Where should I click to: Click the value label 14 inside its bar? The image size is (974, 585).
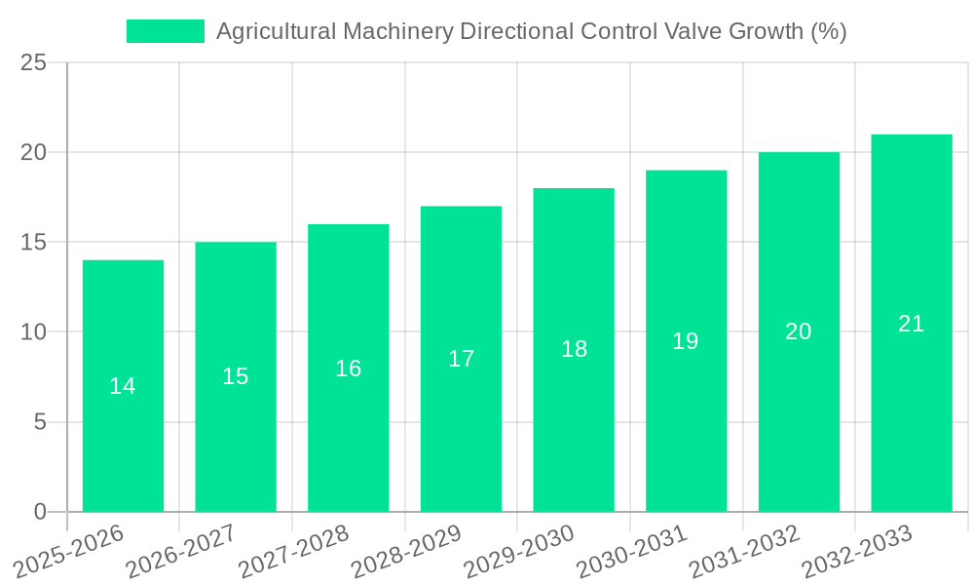point(123,386)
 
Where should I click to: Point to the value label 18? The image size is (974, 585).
point(574,349)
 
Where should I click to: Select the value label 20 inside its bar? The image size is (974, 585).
point(799,331)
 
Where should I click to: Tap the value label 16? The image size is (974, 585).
point(348,369)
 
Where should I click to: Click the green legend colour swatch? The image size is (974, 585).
point(165,31)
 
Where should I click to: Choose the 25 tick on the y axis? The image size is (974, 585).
point(33,62)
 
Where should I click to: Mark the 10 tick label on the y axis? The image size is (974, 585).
point(33,332)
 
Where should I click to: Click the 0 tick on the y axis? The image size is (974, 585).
point(40,512)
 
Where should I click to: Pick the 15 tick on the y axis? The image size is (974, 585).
point(33,242)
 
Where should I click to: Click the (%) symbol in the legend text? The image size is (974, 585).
point(828,31)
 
